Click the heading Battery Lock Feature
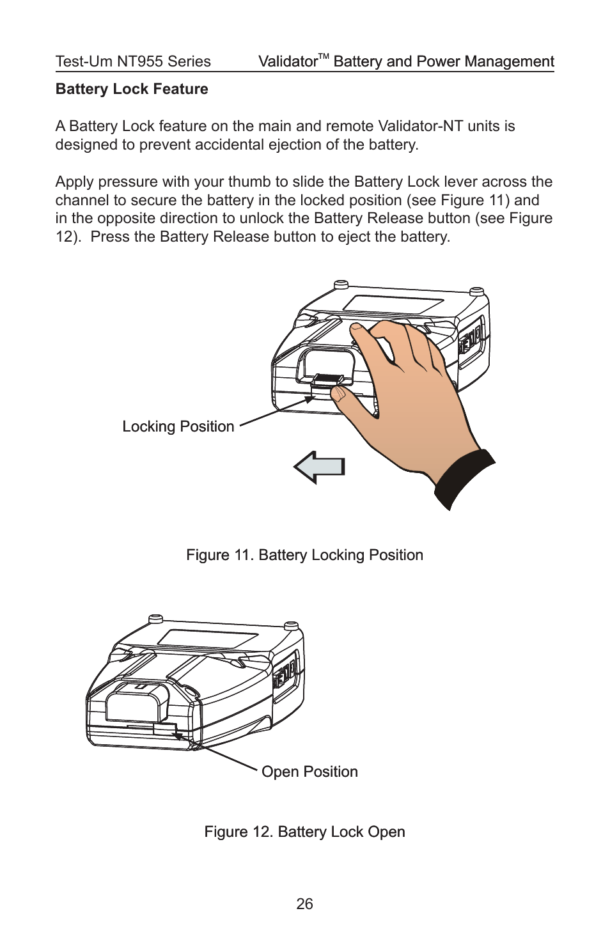[132, 89]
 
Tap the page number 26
[304, 903]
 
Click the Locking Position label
[178, 426]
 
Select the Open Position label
[309, 772]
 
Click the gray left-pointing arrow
[320, 467]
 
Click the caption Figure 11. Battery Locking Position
[304, 555]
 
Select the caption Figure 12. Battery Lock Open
[304, 832]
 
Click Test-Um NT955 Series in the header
[133, 61]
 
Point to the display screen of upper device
[394, 304]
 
